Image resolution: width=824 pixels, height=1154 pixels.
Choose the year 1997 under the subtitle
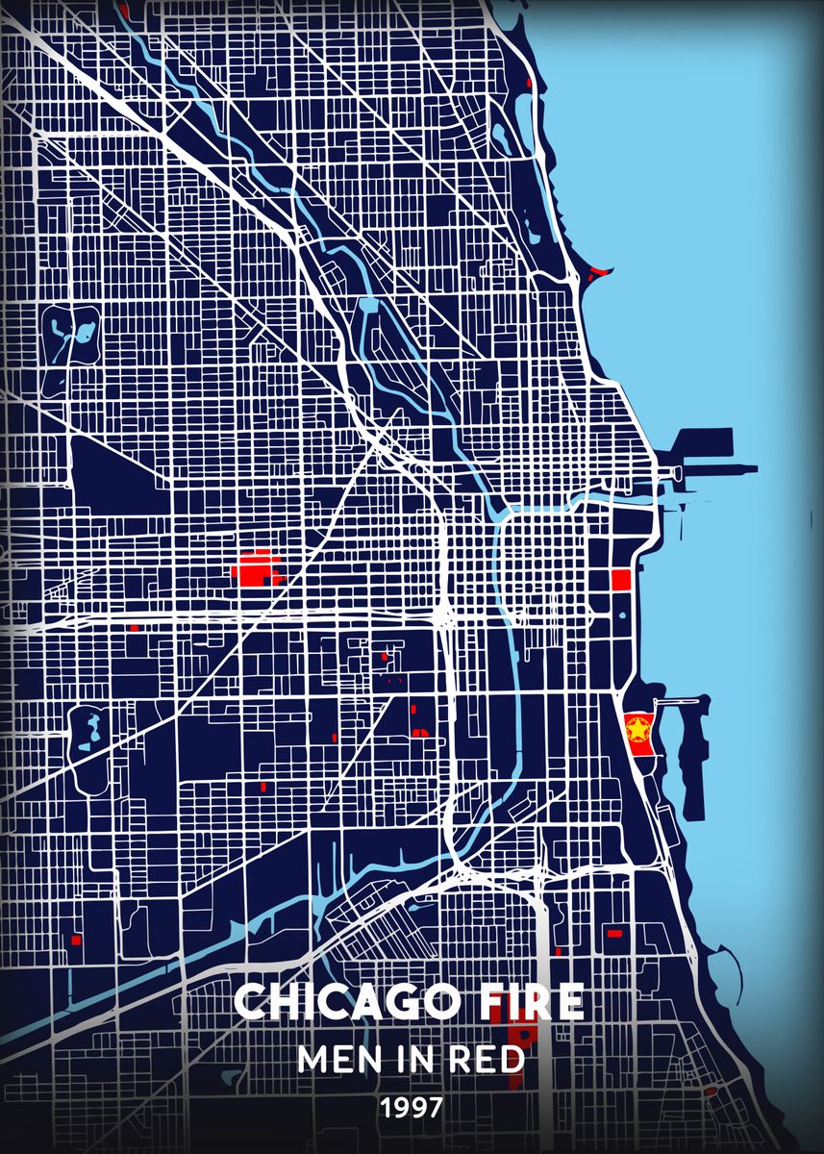coord(412,1108)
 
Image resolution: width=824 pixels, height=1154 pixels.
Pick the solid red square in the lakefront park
coord(620,580)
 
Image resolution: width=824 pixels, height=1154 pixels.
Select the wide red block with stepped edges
coord(256,569)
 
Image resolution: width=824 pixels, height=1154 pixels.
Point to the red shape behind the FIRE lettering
coord(524,1043)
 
